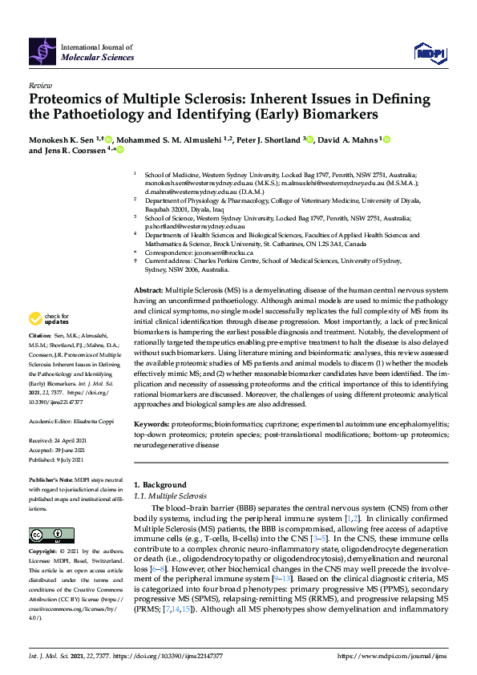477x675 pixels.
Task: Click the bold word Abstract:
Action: pyautogui.click(x=148, y=290)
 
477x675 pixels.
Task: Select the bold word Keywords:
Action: pyautogui.click(x=151, y=422)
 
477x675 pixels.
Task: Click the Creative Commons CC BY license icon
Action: pyautogui.click(x=46, y=535)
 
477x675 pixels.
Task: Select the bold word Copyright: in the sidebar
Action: pyautogui.click(x=44, y=552)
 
